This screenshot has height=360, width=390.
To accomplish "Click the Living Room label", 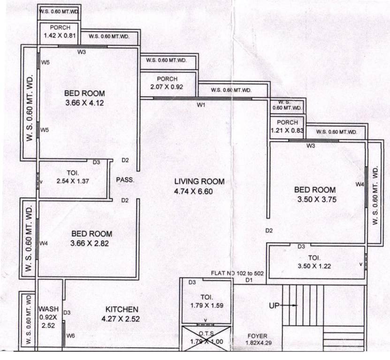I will click(199, 181).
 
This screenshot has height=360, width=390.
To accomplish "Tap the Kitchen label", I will click(121, 309).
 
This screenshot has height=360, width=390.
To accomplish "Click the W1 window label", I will click(201, 105).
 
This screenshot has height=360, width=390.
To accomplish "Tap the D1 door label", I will click(249, 280).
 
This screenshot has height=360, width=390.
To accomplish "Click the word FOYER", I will click(258, 336).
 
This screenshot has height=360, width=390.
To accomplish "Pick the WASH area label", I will click(48, 309).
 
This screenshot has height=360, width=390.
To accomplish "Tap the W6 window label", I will click(70, 336).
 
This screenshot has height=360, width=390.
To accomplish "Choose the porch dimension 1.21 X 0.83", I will click(287, 131).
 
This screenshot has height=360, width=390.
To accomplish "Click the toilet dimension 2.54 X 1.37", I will click(73, 181).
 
